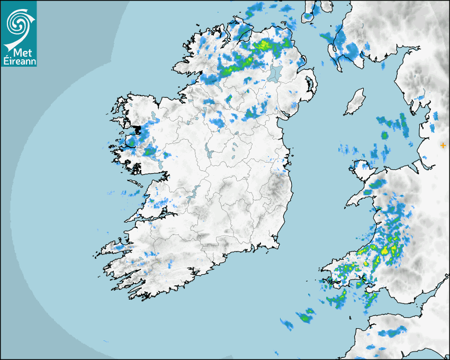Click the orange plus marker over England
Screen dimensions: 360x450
click(x=443, y=145)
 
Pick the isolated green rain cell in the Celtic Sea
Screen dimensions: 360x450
click(x=305, y=318)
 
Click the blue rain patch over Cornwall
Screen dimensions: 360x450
click(x=391, y=333)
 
